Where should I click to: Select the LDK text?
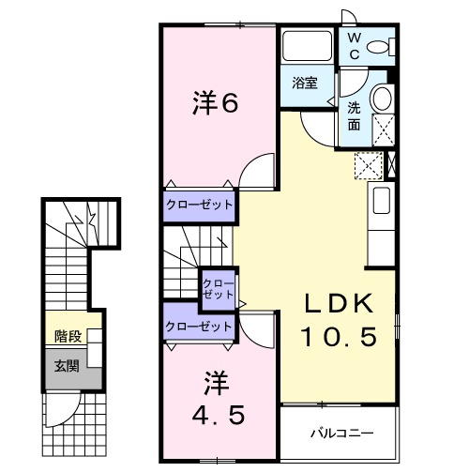[x=338, y=304]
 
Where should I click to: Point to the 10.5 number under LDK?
[x=339, y=335]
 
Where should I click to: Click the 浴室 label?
[x=305, y=83]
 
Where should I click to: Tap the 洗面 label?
[x=355, y=114]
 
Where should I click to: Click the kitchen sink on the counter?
[x=382, y=200]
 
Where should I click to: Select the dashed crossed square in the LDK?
[x=368, y=165]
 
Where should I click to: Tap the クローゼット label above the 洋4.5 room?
[x=198, y=327]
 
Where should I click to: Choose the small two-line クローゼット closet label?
[x=219, y=288]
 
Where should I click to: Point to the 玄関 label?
[x=66, y=365]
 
